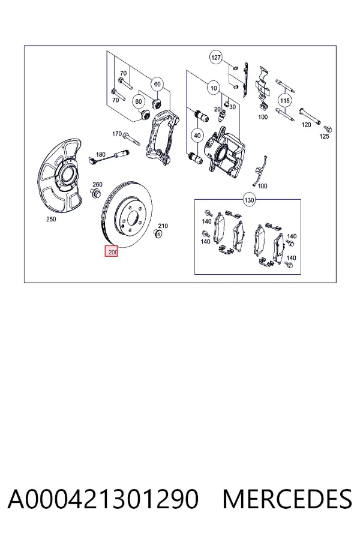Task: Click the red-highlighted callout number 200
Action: pyautogui.click(x=112, y=251)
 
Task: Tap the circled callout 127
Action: pyautogui.click(x=215, y=57)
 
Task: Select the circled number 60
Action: pyautogui.click(x=157, y=84)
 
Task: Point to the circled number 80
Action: pyautogui.click(x=139, y=101)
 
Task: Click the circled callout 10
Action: pyautogui.click(x=214, y=88)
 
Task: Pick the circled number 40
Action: pyautogui.click(x=197, y=136)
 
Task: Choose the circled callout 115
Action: pyautogui.click(x=285, y=101)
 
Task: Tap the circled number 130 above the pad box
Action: pyautogui.click(x=249, y=200)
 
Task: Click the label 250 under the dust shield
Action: pyautogui.click(x=51, y=219)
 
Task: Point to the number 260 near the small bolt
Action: pyautogui.click(x=97, y=185)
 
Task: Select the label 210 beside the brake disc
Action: pyautogui.click(x=163, y=226)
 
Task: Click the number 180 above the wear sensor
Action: pyautogui.click(x=101, y=154)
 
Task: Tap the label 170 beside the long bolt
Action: pyautogui.click(x=117, y=134)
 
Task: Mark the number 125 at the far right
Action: pyautogui.click(x=324, y=136)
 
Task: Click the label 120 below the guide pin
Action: pyautogui.click(x=306, y=125)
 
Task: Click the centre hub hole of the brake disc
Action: pyautogui.click(x=133, y=218)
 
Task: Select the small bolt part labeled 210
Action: pyautogui.click(x=158, y=234)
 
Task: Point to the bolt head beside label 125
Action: pyautogui.click(x=329, y=130)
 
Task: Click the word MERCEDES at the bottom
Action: pyautogui.click(x=287, y=499)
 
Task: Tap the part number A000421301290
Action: pyautogui.click(x=103, y=499)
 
